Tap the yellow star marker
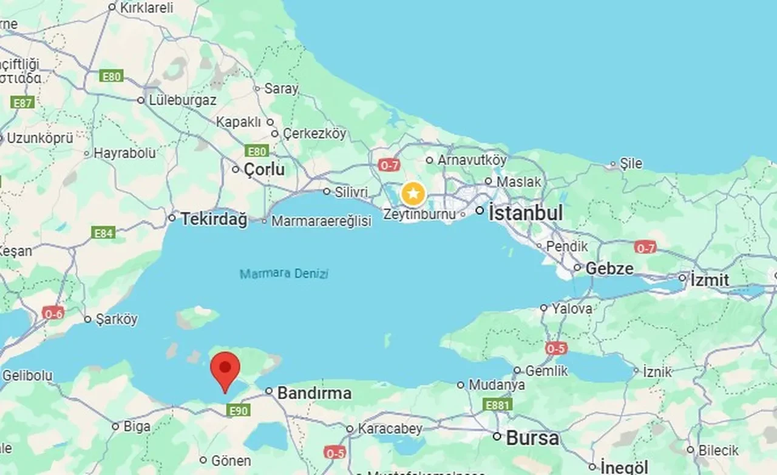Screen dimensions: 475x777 pos(413,195)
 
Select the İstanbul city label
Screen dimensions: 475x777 pos(526,213)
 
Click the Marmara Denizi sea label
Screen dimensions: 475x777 pos(284,274)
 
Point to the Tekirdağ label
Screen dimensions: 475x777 pos(214,219)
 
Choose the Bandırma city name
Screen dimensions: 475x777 pos(314,393)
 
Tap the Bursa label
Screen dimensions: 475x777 pos(532,437)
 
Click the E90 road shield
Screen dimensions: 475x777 pos(237,411)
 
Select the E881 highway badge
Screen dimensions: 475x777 pos(498,405)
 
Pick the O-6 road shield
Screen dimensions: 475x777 pos(53,313)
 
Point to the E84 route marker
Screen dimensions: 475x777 pos(103,232)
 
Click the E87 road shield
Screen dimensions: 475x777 pos(22,103)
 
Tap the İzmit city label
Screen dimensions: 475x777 pos(710,280)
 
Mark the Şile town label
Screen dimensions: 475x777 pos(631,164)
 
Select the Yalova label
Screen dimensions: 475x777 pos(572,308)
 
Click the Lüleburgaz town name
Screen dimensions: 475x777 pos(182,100)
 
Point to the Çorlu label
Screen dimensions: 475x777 pos(264,170)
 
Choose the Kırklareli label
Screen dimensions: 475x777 pos(147,8)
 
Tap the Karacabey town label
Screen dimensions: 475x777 pos(390,428)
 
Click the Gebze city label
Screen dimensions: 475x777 pos(609,268)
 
